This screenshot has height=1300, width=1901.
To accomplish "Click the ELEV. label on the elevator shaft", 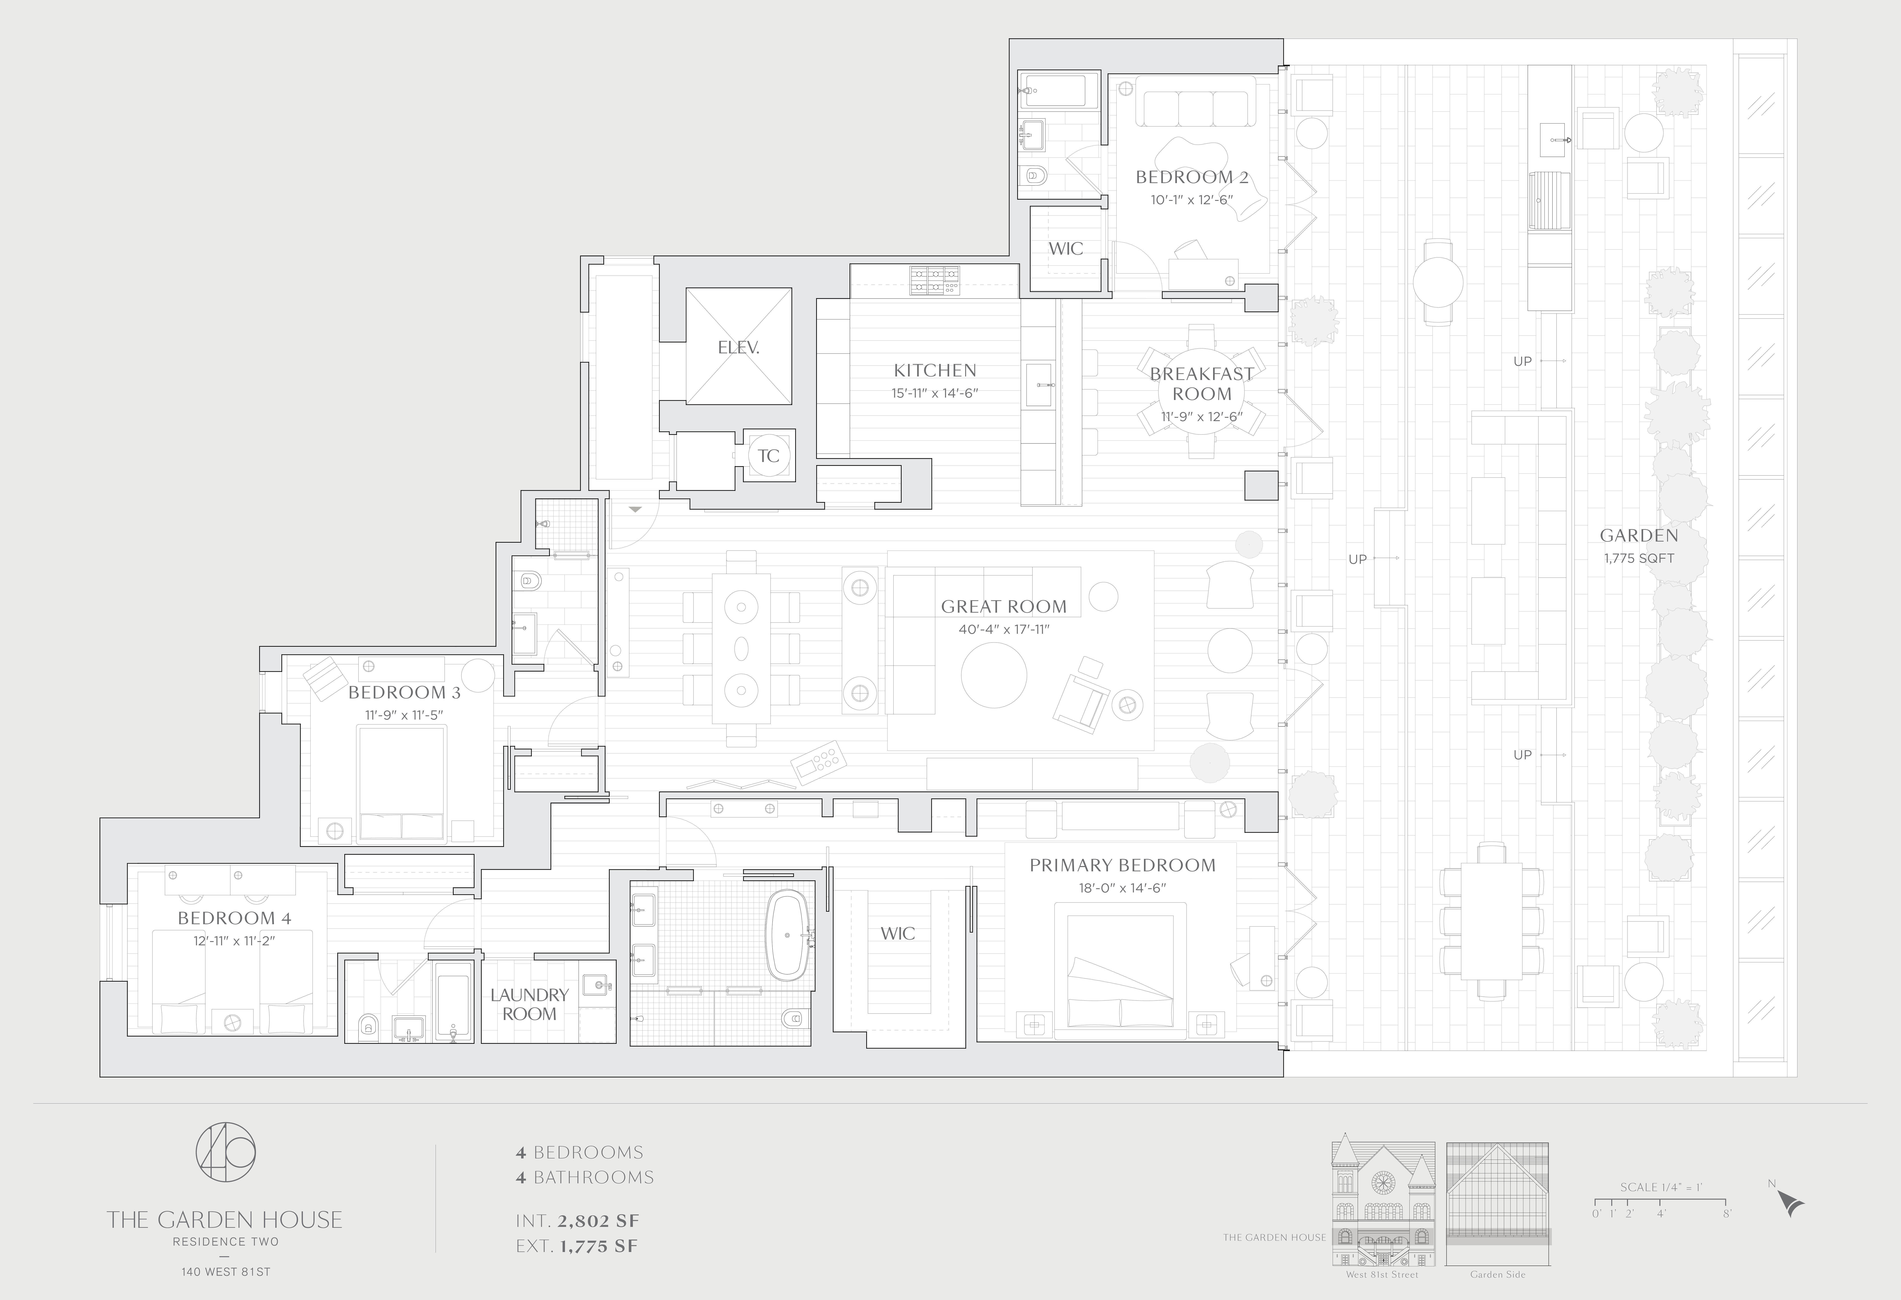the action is click(x=739, y=348).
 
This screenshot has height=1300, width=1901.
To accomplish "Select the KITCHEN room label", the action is click(x=935, y=370).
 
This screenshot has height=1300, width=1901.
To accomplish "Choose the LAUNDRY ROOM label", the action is click(x=529, y=1004).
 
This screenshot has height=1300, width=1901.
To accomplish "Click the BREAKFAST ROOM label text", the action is click(x=1202, y=384).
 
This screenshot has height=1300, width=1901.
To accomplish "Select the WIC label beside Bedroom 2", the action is click(x=1066, y=248).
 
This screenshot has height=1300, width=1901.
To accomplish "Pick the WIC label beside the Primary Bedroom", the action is click(x=897, y=934).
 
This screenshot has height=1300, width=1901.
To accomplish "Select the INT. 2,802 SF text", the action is click(x=577, y=1221).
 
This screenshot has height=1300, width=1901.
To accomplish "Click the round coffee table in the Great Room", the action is click(x=993, y=675).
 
